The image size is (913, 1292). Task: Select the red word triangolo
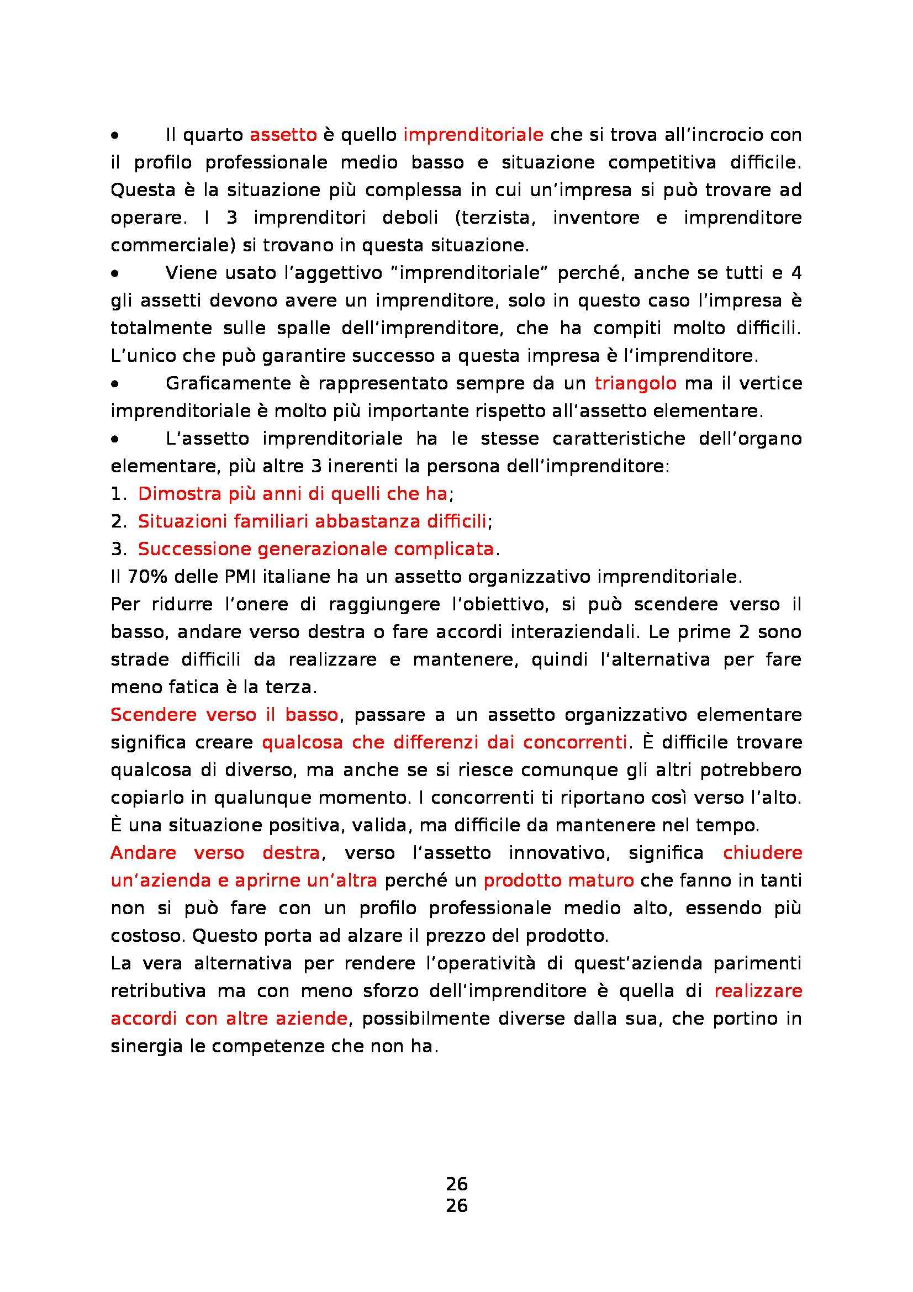tap(635, 384)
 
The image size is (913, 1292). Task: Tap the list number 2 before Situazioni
tap(119, 521)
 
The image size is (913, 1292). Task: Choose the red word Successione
tap(193, 549)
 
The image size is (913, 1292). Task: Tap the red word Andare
tap(143, 852)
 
